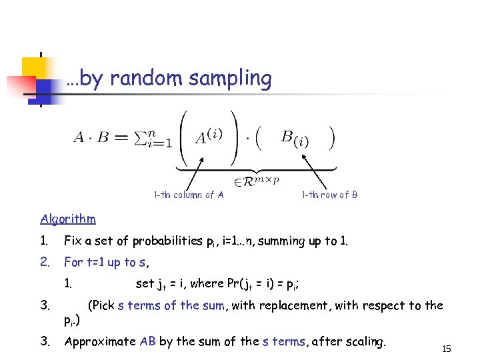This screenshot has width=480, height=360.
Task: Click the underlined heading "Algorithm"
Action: [68, 219]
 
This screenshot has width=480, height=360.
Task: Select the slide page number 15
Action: [447, 348]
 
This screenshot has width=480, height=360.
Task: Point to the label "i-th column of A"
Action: [189, 195]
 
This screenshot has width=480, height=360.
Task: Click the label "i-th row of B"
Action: [329, 195]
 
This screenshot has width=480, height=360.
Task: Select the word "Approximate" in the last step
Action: [100, 341]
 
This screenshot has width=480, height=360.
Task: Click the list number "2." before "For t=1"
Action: [45, 262]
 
